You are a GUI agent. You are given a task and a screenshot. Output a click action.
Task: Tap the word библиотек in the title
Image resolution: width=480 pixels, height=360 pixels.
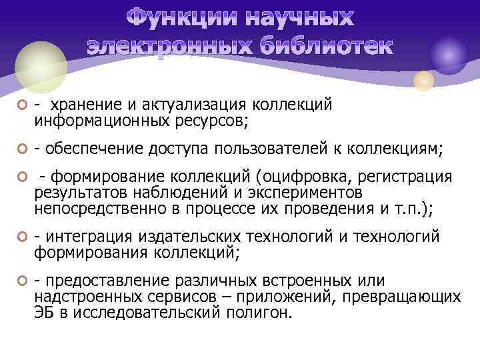[327, 46]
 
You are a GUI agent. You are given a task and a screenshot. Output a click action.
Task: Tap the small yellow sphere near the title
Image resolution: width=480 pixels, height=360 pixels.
[423, 81]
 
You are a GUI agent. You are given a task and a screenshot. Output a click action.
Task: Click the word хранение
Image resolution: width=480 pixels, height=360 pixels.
[85, 105]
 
